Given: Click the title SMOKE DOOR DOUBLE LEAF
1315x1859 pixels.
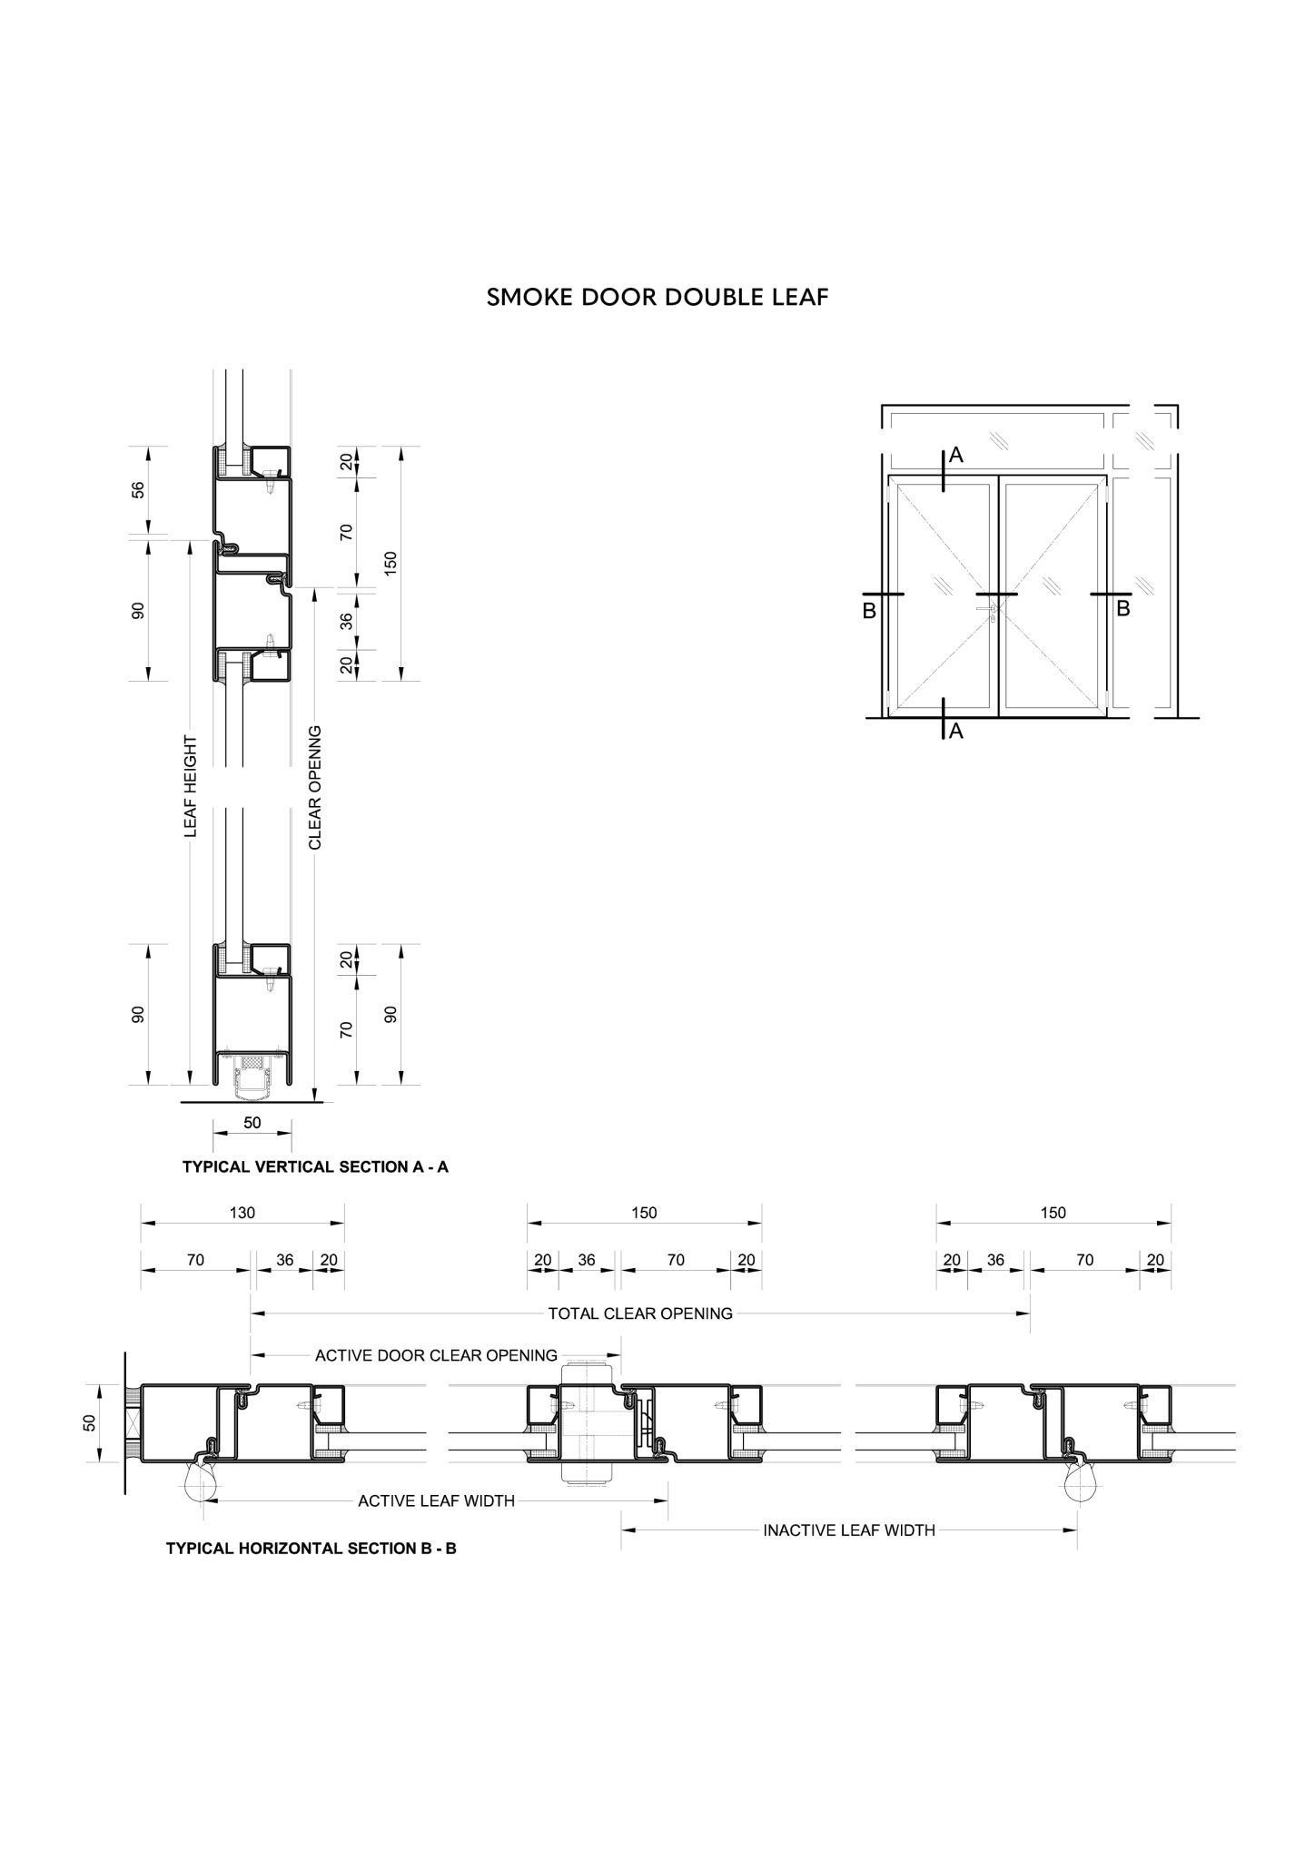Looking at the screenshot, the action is [657, 298].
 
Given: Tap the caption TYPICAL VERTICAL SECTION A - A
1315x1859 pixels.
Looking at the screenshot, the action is [315, 1166].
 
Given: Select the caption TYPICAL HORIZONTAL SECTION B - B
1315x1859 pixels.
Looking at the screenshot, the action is [311, 1548].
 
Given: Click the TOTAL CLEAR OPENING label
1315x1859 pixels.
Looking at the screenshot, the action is [640, 1313].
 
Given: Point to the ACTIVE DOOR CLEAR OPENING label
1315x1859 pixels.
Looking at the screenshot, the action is [436, 1355].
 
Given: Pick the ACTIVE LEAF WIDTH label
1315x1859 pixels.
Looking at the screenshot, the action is [436, 1500].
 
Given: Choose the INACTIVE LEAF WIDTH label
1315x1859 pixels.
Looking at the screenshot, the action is [849, 1530].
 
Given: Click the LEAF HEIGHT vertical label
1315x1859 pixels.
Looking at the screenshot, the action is [191, 786].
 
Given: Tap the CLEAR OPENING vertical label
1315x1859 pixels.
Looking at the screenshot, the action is [315, 787].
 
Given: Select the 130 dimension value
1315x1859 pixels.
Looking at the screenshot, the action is [242, 1213].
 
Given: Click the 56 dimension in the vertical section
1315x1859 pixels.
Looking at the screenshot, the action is [138, 489].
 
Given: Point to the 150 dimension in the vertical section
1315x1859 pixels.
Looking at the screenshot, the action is [391, 563].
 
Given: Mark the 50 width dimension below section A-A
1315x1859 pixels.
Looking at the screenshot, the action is [252, 1123].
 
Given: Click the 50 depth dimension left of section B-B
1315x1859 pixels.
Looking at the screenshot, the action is [89, 1422].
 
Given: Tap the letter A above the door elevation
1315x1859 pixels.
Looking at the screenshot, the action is [955, 457].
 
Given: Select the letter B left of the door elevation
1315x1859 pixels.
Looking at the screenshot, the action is [869, 611].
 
